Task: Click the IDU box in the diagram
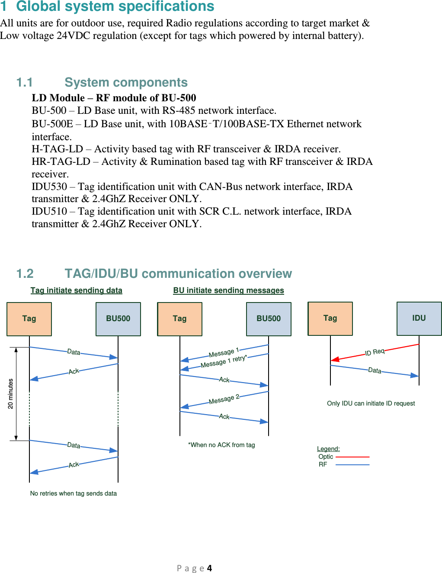(419, 319)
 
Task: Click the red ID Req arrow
(375, 352)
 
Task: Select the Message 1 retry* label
(223, 361)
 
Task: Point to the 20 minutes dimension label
(11, 393)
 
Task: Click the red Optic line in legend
(352, 457)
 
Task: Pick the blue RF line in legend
(352, 464)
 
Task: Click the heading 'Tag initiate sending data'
(76, 290)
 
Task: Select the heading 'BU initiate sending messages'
(228, 290)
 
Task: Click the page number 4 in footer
(209, 568)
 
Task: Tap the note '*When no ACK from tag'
(221, 445)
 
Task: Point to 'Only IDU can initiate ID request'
(371, 403)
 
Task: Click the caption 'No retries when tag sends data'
(74, 493)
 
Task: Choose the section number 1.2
(25, 274)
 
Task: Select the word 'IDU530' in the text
(49, 187)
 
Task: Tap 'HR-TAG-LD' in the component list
(61, 161)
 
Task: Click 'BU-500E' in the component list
(52, 124)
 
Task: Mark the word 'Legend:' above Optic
(328, 449)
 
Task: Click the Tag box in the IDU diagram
(330, 319)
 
